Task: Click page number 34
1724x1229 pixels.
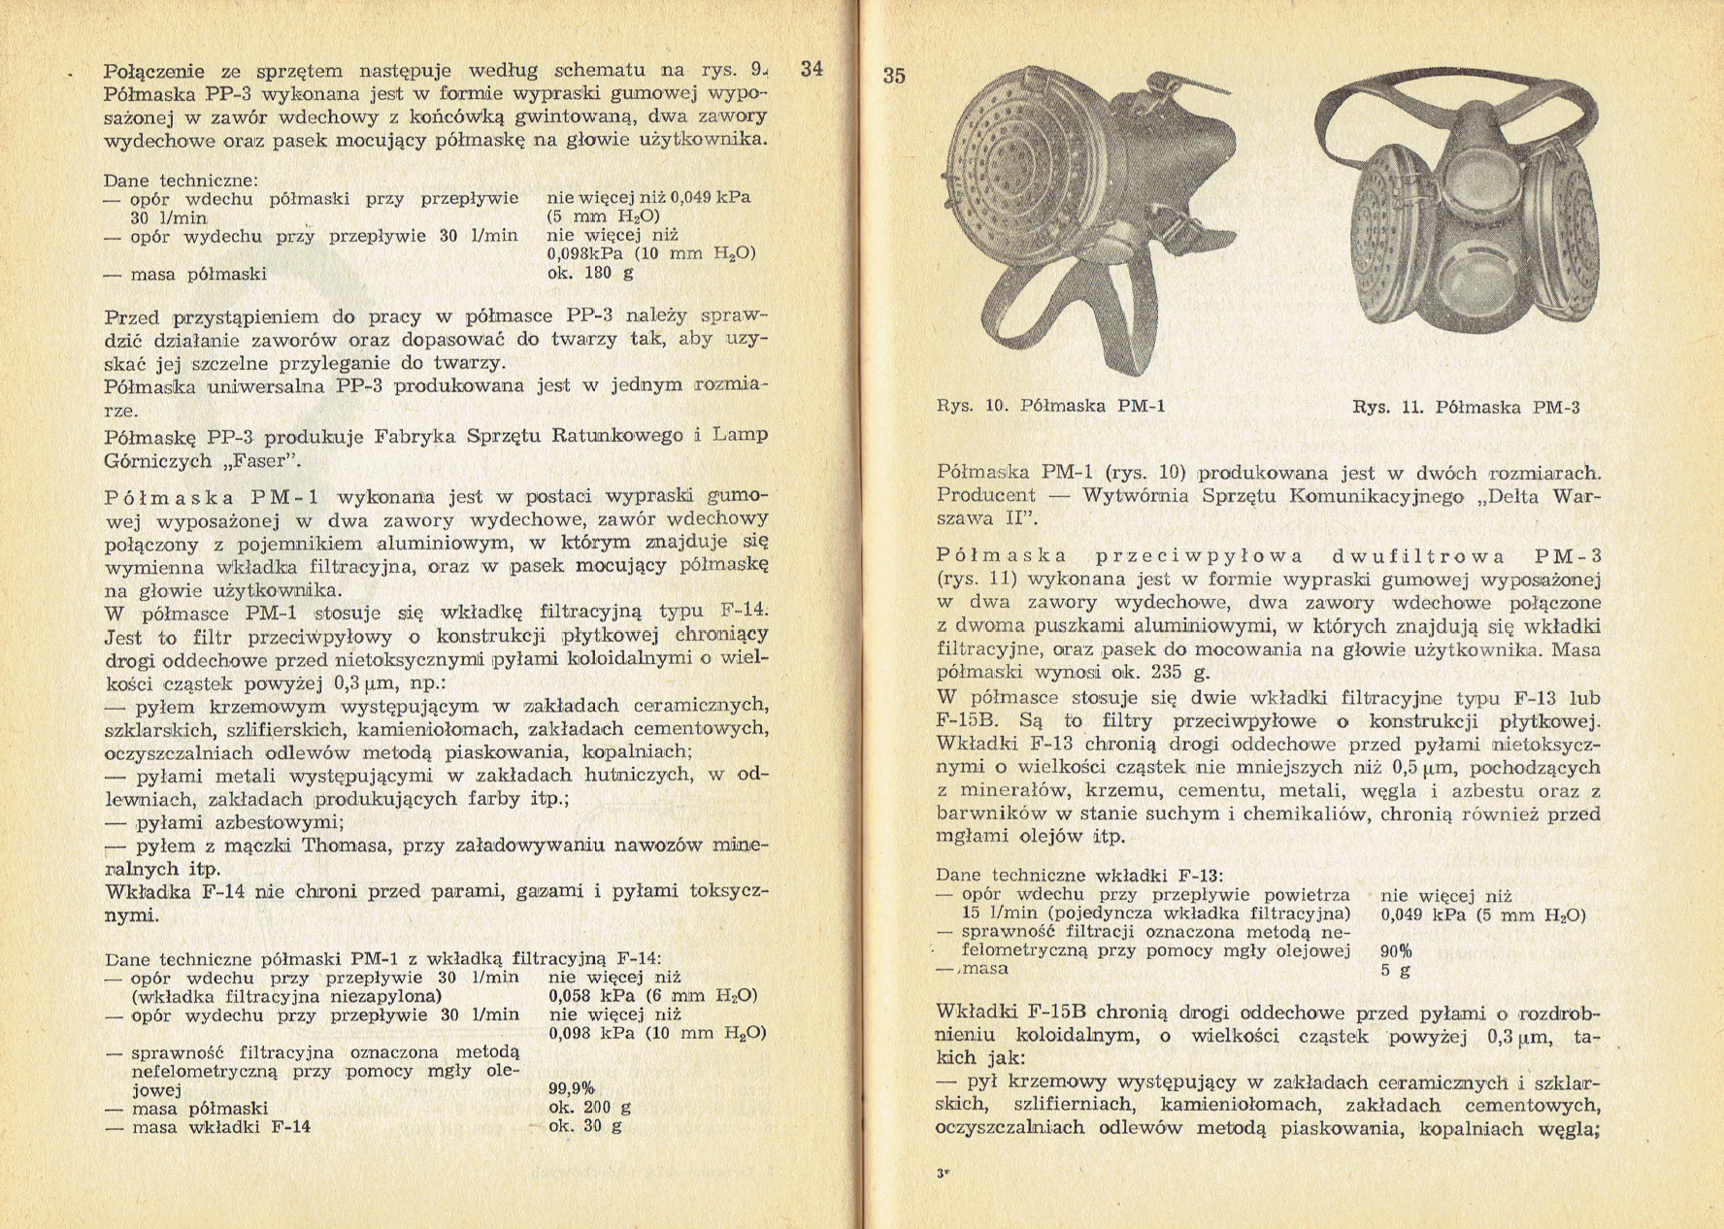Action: [811, 69]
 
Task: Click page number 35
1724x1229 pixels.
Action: [894, 76]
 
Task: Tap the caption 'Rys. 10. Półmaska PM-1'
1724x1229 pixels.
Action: [1050, 406]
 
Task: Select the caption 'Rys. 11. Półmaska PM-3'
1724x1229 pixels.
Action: [1466, 408]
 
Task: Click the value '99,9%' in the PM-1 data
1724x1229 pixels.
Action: [572, 1089]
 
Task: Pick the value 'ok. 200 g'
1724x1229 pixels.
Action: [589, 1108]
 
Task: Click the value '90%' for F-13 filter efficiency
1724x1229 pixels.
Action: [1396, 951]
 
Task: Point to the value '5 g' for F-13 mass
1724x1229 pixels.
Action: [1395, 970]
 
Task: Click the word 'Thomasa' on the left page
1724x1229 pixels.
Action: [348, 845]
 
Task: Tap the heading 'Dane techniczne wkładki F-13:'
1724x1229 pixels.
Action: [1078, 875]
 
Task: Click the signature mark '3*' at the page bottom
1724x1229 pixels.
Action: [943, 1173]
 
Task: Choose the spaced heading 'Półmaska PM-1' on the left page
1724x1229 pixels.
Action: [212, 497]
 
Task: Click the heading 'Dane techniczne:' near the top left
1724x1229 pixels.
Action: [182, 181]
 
